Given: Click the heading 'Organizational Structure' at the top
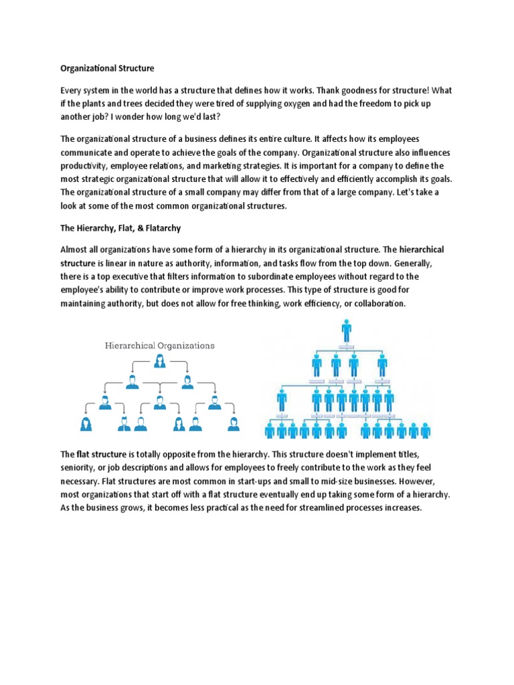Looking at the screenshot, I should pyautogui.click(x=107, y=68).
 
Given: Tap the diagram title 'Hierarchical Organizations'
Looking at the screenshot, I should pyautogui.click(x=160, y=346).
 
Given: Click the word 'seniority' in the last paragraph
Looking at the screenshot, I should pyautogui.click(x=80, y=468).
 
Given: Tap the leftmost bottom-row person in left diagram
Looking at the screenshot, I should pyautogui.click(x=86, y=423).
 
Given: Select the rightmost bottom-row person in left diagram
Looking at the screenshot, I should pyautogui.click(x=233, y=423).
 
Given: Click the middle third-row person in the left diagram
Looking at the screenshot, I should pyautogui.click(x=160, y=403).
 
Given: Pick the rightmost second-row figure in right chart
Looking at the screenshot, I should pyautogui.click(x=382, y=365).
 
